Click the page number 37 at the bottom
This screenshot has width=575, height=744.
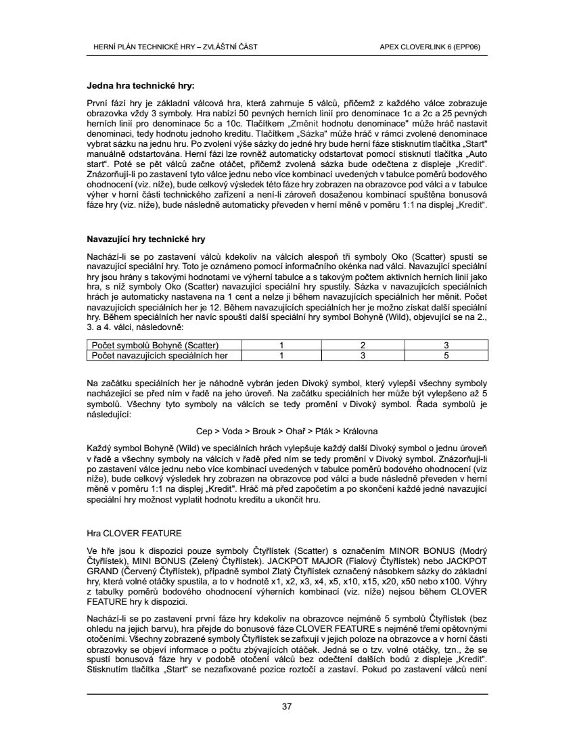[x=287, y=707]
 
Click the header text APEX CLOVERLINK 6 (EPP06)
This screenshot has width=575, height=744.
[x=430, y=47]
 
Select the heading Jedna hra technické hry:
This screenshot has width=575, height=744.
[x=141, y=86]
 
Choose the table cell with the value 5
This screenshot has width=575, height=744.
[x=446, y=354]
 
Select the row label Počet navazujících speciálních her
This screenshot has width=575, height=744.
[x=160, y=354]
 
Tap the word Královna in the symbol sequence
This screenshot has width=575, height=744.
[x=361, y=430]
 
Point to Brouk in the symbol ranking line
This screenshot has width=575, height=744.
[x=265, y=430]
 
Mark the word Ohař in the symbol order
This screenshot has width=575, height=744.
[x=298, y=430]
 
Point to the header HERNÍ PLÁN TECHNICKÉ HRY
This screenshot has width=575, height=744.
[x=145, y=47]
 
